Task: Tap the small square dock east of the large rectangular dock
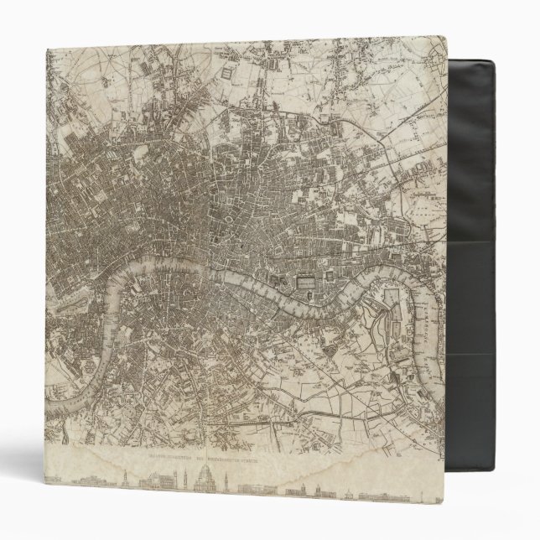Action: tap(335, 278)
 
